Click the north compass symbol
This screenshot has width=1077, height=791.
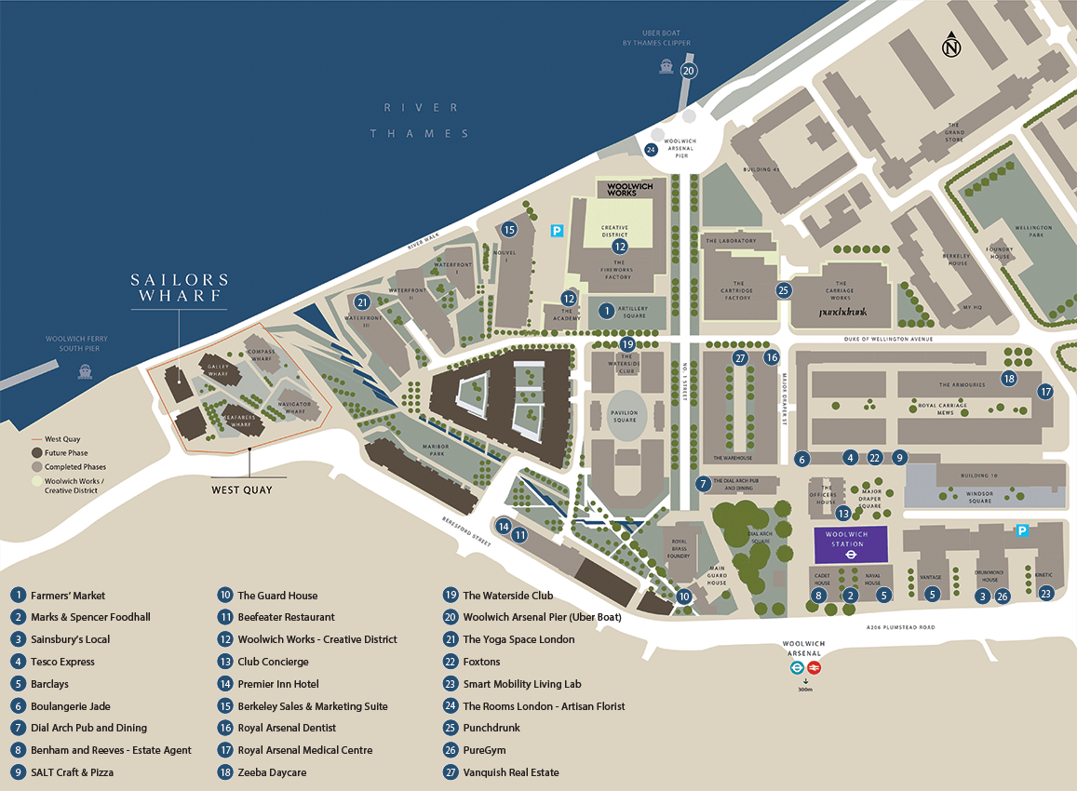pyautogui.click(x=950, y=45)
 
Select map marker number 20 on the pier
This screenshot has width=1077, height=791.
pyautogui.click(x=688, y=71)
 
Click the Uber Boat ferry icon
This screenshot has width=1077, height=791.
pyautogui.click(x=666, y=66)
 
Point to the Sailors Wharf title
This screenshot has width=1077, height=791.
pyautogui.click(x=180, y=288)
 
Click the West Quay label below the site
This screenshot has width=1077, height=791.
pyautogui.click(x=242, y=489)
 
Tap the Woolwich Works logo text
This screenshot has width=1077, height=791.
pyautogui.click(x=630, y=189)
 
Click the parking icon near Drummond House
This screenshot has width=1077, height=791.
pyautogui.click(x=1021, y=530)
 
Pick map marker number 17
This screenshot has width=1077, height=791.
pyautogui.click(x=1045, y=392)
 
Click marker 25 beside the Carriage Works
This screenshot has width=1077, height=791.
pyautogui.click(x=784, y=290)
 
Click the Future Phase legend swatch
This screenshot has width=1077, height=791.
pyautogui.click(x=37, y=453)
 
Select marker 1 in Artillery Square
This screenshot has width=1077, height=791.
pyautogui.click(x=606, y=311)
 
